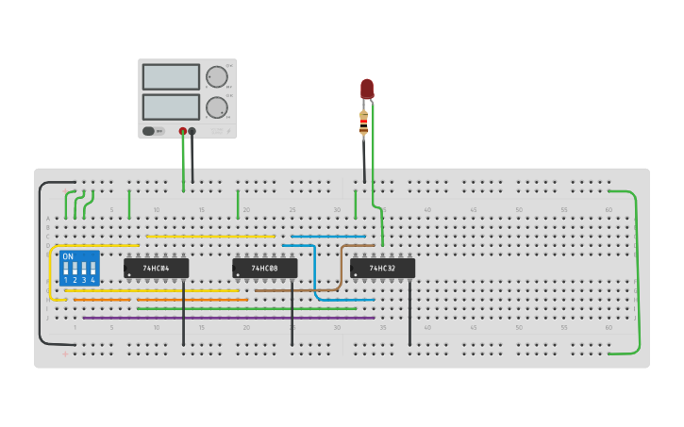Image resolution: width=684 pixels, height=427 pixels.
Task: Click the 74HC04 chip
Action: point(156,269)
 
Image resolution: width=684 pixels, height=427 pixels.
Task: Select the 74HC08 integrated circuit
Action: point(265,269)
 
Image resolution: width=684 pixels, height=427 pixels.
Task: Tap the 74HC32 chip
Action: point(382,269)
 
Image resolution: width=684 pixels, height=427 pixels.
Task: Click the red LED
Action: point(367,89)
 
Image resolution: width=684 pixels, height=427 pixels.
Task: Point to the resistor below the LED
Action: point(364,122)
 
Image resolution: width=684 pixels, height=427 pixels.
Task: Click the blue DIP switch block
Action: point(79,268)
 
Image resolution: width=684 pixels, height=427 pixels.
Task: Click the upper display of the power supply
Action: point(171,76)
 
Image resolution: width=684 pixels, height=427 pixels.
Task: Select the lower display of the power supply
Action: point(171,107)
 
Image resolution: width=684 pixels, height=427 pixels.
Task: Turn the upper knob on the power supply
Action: point(217,77)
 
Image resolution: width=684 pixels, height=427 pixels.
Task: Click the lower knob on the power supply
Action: point(217,107)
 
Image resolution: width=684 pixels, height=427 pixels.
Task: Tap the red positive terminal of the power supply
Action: point(183,131)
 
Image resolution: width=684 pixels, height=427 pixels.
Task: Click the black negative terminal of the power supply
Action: point(192,131)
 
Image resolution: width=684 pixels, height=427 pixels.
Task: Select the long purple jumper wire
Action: point(226,318)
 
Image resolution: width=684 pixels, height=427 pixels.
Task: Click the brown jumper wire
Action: point(341,269)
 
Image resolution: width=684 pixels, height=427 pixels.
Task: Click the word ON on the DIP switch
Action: point(68,256)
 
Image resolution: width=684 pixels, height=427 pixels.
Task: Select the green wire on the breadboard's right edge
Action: point(638,273)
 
